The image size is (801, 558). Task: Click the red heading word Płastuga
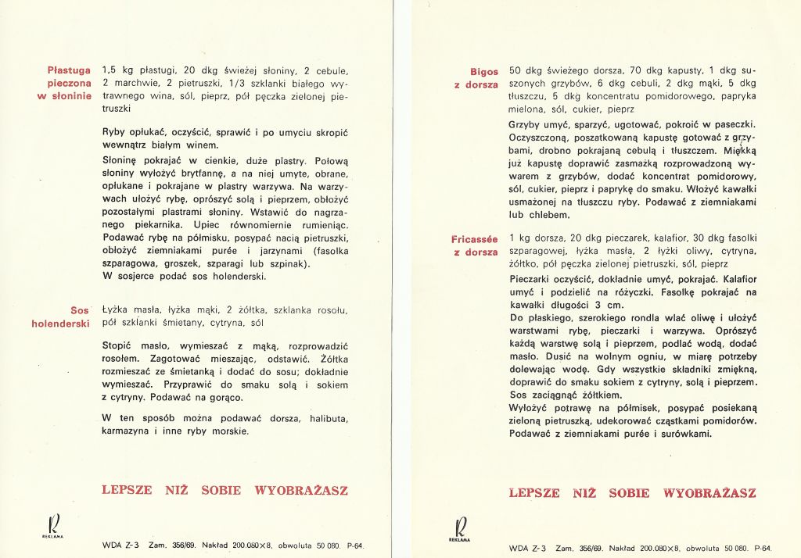tap(70, 70)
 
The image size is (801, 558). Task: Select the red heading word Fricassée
tap(474, 238)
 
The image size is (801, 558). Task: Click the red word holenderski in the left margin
tap(62, 323)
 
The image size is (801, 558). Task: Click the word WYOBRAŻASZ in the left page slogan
tap(301, 491)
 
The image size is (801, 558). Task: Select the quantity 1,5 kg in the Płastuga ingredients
tap(117, 70)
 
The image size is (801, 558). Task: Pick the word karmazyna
tap(128, 431)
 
